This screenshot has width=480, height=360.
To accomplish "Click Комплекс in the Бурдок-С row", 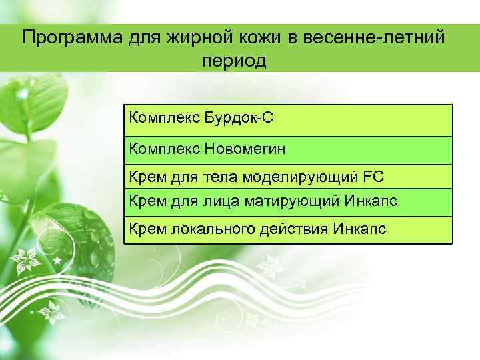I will [159, 119].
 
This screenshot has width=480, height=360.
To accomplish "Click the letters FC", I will [375, 177].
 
